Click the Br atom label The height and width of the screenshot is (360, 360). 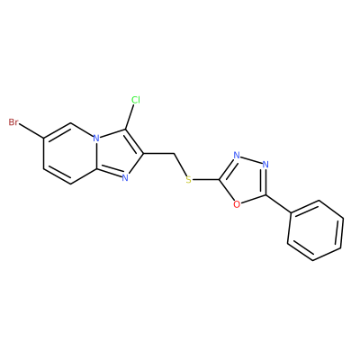click(x=13, y=122)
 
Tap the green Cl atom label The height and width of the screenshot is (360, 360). click(x=136, y=100)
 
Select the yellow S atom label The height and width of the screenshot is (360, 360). click(x=188, y=180)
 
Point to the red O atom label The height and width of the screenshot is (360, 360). click(x=237, y=204)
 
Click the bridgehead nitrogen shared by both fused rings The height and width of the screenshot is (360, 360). click(x=96, y=139)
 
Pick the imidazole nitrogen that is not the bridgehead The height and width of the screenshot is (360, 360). click(x=125, y=178)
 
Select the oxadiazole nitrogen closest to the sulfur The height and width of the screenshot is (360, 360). click(x=237, y=155)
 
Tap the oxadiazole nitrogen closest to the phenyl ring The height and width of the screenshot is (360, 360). click(x=265, y=165)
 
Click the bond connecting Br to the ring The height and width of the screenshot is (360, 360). click(x=31, y=131)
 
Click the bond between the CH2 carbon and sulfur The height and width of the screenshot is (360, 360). click(x=180, y=165)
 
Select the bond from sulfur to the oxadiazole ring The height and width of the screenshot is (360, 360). click(x=206, y=180)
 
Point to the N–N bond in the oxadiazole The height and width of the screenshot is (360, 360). click(x=251, y=160)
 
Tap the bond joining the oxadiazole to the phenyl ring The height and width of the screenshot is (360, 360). click(x=278, y=204)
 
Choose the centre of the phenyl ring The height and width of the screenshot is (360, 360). click(x=316, y=230)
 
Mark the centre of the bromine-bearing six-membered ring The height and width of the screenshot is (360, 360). click(x=70, y=154)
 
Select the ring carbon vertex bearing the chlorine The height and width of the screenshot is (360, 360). click(x=125, y=130)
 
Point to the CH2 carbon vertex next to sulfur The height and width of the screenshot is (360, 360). click(x=174, y=154)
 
